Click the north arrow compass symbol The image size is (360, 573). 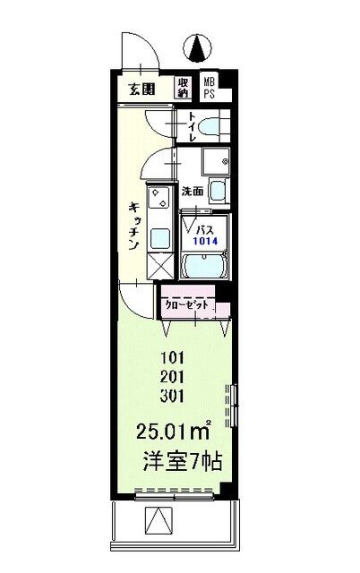coord(200,44)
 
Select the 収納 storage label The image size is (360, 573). coord(184,86)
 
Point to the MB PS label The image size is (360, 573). coord(208,86)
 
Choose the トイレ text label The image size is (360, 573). coord(192,127)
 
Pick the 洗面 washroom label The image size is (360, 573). coord(193,191)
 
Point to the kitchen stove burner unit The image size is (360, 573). coord(159,202)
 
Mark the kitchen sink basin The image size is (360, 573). coord(161,237)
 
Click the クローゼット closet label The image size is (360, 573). coord(185,304)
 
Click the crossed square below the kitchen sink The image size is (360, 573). coord(159,265)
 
